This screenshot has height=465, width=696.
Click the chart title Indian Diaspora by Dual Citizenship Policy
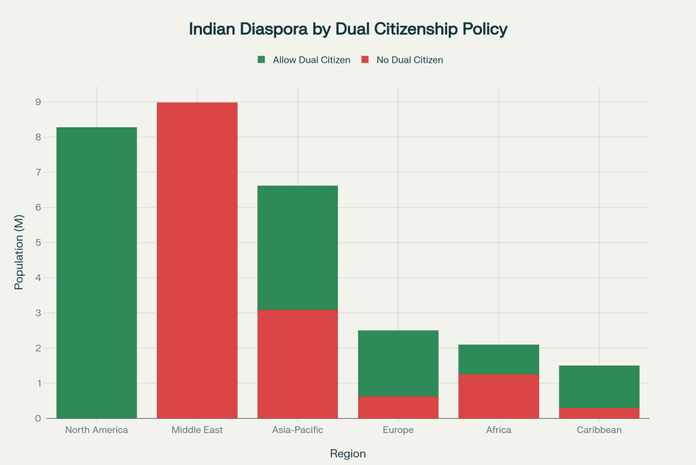tap(348, 29)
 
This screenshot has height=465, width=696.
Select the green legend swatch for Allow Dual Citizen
tap(262, 60)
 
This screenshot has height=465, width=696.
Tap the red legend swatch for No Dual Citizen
tap(364, 60)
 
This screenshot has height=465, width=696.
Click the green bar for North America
tap(97, 272)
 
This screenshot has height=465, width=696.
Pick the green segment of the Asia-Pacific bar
tap(298, 248)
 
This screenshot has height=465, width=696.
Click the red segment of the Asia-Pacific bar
tap(298, 364)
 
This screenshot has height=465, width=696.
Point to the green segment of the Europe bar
tap(398, 363)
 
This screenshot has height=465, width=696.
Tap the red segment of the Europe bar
tap(398, 407)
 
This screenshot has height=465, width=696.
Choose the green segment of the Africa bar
tap(499, 359)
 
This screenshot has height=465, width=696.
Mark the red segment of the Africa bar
tap(499, 396)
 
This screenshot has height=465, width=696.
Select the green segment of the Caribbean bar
tap(599, 387)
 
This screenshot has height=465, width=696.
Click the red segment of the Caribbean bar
tap(599, 413)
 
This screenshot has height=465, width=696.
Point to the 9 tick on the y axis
tap(38, 102)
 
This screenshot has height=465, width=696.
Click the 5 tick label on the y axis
tap(38, 243)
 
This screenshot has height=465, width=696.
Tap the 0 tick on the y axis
tap(38, 419)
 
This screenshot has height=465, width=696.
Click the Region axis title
tap(348, 453)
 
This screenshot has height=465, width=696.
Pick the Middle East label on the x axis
tap(197, 430)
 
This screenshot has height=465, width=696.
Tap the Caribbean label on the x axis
tap(599, 430)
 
